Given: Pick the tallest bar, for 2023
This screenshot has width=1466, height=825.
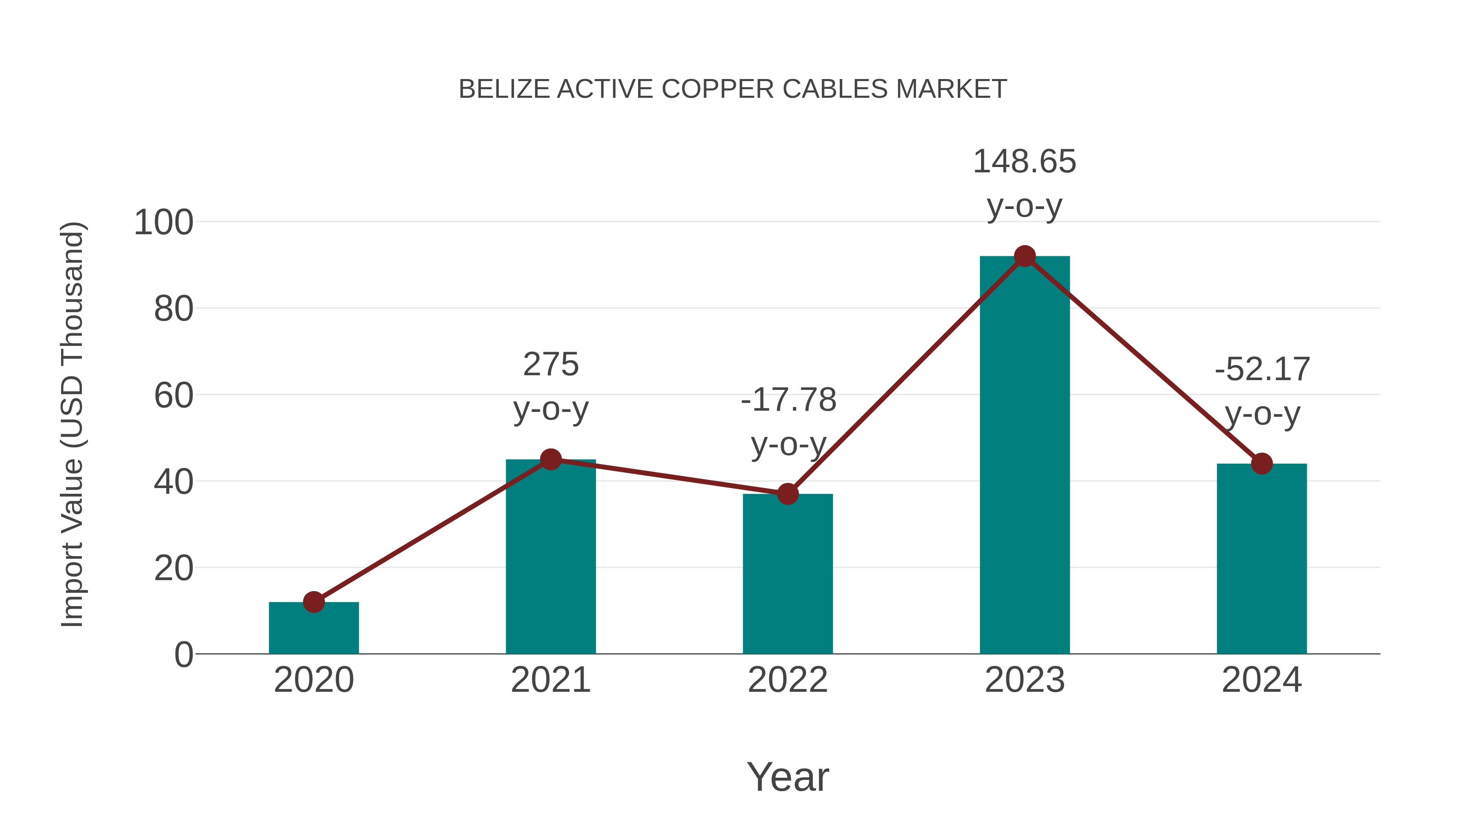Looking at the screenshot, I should click(1025, 455).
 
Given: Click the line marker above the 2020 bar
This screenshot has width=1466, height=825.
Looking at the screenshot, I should click(314, 602).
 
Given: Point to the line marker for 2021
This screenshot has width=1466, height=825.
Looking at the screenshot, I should click(550, 459).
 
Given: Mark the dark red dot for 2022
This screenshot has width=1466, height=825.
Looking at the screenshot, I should click(788, 494).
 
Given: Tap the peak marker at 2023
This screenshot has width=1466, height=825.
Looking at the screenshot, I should click(1025, 256).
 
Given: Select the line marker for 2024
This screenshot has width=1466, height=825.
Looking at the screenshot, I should click(1262, 464).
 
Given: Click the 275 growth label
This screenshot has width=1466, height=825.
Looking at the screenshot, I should click(550, 364).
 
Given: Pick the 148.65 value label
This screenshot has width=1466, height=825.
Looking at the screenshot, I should click(1025, 162).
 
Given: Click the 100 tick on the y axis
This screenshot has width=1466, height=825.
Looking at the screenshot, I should click(163, 222).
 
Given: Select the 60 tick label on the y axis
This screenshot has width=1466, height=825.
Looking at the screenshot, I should click(173, 396).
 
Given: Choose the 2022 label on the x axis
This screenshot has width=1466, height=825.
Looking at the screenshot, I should click(788, 680).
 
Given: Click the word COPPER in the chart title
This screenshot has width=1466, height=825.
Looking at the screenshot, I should click(717, 89).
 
